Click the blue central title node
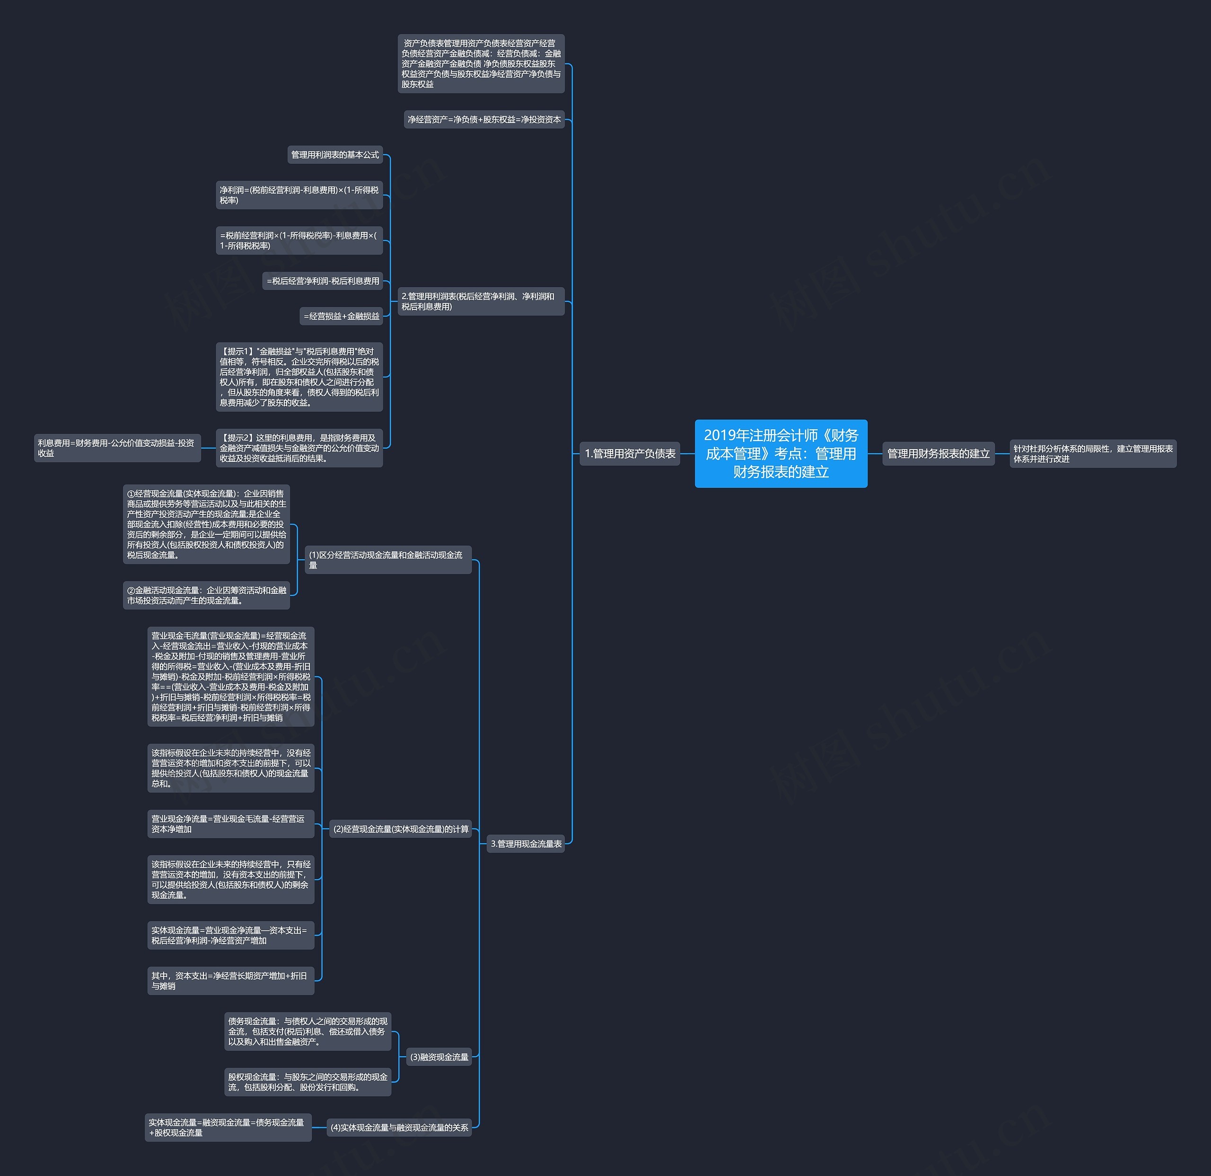click(781, 453)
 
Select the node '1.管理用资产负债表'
click(630, 453)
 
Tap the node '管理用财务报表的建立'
click(938, 453)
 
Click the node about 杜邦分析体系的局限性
click(1092, 453)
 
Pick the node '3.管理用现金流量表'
click(526, 843)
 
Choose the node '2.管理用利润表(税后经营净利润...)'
click(481, 301)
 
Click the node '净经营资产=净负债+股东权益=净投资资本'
click(484, 119)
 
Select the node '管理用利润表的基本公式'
click(335, 154)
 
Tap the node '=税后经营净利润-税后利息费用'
click(323, 281)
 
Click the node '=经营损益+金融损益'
click(341, 316)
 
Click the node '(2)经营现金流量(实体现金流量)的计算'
click(400, 829)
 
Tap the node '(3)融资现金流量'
click(439, 1057)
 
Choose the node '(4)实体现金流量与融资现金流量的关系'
click(399, 1127)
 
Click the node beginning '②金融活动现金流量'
click(206, 595)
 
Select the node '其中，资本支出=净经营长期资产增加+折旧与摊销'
click(230, 980)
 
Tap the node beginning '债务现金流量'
click(307, 1031)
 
